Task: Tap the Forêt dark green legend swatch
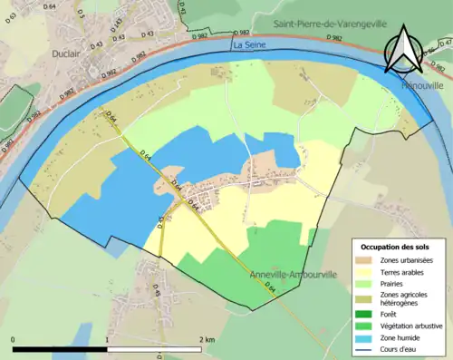366,314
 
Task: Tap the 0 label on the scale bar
14,339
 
